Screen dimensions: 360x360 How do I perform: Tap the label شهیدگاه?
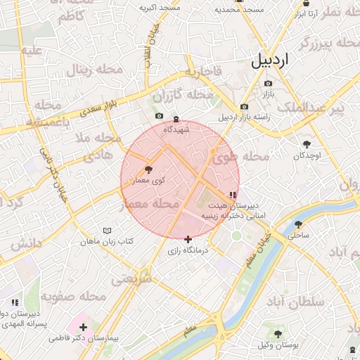tap(176, 129)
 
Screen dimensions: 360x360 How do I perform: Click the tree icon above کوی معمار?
tap(148, 169)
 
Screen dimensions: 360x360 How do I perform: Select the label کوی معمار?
tap(148, 181)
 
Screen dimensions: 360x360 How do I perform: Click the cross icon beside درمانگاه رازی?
tap(188, 239)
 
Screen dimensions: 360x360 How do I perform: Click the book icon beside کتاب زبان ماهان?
tap(107, 231)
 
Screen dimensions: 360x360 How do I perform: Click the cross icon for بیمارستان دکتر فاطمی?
tap(84, 327)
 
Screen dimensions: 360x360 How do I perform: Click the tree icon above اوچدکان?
tap(307, 143)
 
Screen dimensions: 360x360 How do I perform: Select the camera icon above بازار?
tap(268, 84)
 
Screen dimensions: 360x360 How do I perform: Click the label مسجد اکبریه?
tap(160, 8)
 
